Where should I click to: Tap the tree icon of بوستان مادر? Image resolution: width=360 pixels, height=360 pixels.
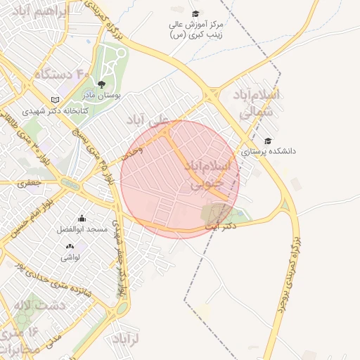point(102,84)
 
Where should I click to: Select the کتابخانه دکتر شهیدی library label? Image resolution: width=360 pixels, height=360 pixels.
point(53,111)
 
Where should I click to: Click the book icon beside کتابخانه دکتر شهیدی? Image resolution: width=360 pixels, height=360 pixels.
point(56,101)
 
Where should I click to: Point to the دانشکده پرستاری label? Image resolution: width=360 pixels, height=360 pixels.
point(269,150)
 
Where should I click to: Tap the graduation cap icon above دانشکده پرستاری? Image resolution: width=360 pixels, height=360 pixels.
point(268,141)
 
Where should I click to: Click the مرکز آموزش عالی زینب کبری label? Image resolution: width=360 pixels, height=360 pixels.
point(195,30)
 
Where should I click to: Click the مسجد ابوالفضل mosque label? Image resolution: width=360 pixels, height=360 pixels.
point(82,229)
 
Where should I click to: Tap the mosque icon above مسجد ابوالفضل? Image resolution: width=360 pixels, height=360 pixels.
point(82,219)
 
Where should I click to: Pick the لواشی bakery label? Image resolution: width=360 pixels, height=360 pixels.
point(70,257)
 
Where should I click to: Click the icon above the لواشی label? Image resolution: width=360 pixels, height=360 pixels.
point(70,247)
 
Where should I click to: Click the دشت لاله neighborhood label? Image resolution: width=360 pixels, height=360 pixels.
point(39,305)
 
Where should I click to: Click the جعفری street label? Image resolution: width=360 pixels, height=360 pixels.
point(30,183)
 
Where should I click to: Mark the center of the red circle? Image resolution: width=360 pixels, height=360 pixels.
point(180,180)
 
